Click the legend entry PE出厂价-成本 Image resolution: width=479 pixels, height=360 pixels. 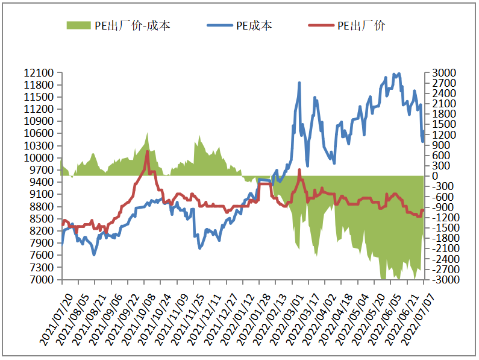coord(117,25)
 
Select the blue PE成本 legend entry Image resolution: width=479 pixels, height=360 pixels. coord(239,25)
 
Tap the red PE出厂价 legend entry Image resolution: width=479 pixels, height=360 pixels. coord(346,25)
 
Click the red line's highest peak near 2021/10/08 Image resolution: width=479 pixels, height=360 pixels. coord(148,151)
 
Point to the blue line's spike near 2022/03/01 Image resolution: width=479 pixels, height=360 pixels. coord(299,83)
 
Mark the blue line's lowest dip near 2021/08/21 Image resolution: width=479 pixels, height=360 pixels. coord(94,255)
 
